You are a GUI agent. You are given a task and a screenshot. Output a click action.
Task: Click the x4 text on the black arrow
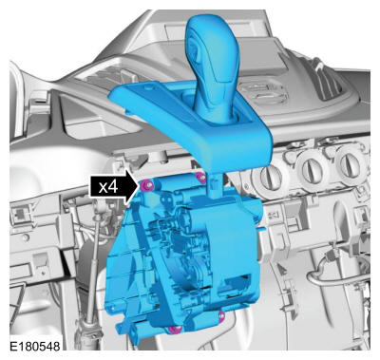(108, 187)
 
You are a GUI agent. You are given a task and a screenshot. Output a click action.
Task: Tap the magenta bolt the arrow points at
(146, 184)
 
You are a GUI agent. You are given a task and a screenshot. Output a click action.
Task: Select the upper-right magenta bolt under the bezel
(201, 178)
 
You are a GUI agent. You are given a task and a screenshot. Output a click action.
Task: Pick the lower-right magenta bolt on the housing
(221, 315)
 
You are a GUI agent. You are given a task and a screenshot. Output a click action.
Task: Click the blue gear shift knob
(212, 64)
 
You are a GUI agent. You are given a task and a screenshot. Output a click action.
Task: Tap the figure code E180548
(34, 346)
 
